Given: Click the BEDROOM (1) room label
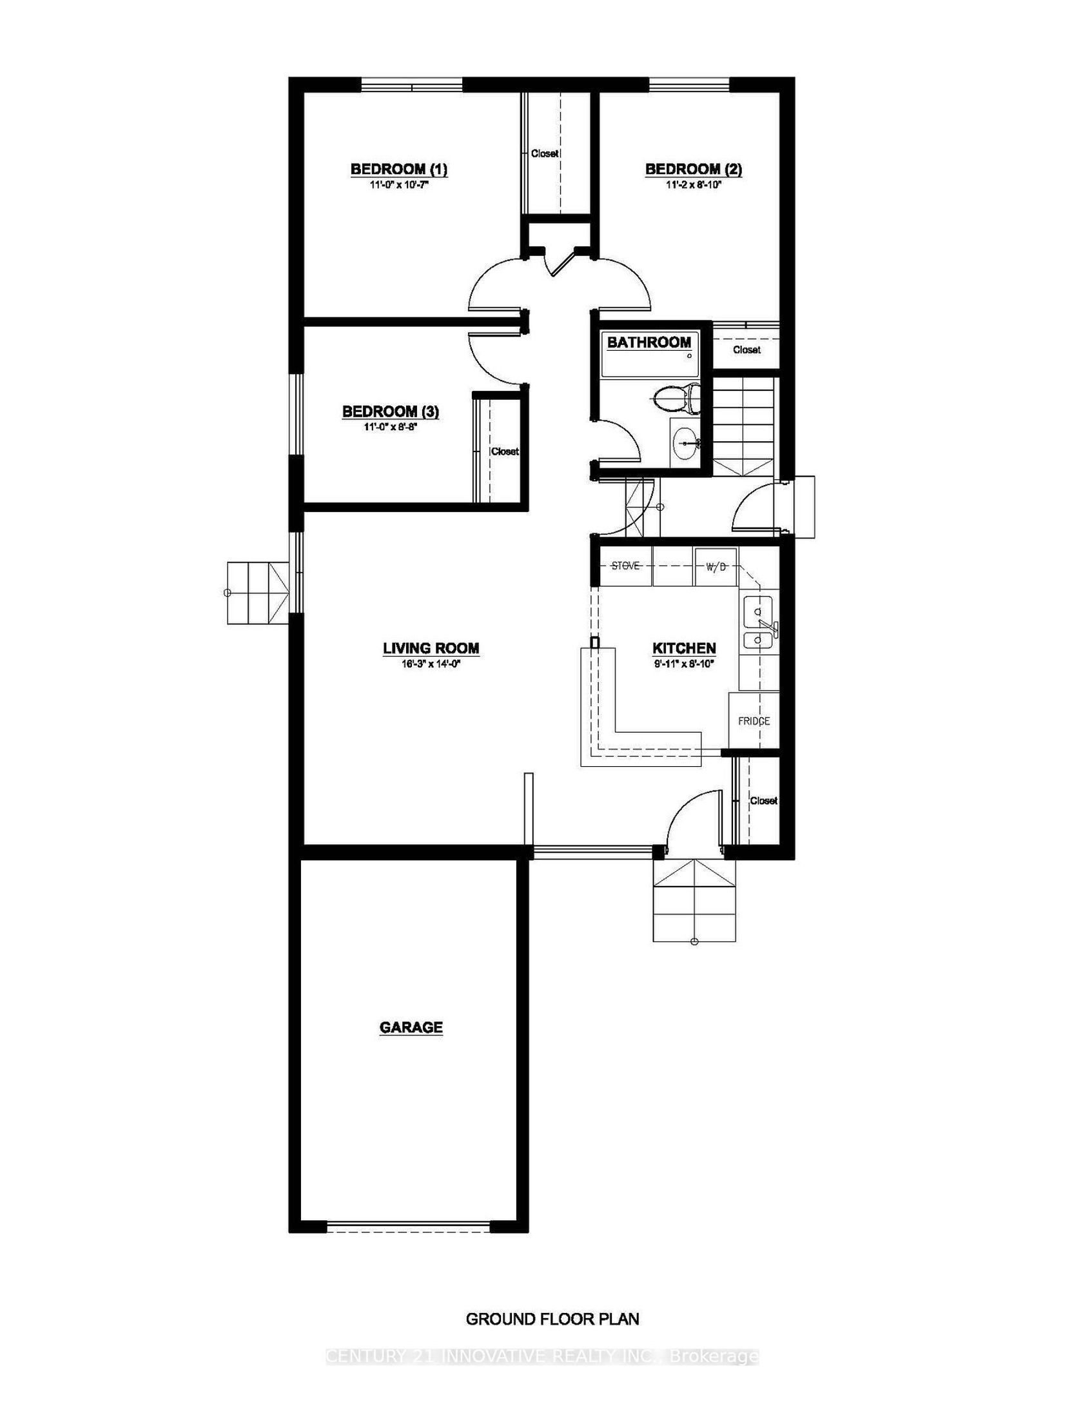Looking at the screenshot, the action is tap(398, 170).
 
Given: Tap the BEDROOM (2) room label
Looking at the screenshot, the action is tap(694, 170).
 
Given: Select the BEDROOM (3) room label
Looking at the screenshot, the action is tap(391, 411).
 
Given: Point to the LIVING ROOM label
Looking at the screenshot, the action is tap(431, 648).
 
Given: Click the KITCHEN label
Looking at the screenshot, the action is tap(684, 648).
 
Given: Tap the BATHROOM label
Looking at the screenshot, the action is tap(649, 342).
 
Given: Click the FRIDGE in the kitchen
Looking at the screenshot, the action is tap(754, 720).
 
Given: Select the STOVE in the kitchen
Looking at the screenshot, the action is tap(625, 566).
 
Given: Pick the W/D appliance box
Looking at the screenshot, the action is tap(716, 566).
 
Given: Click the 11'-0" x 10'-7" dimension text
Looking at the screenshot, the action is tap(398, 184).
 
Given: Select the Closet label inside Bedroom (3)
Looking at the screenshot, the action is tap(505, 451).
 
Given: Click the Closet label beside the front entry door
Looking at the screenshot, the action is tap(764, 800).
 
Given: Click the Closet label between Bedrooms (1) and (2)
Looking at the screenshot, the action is tap(545, 153).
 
